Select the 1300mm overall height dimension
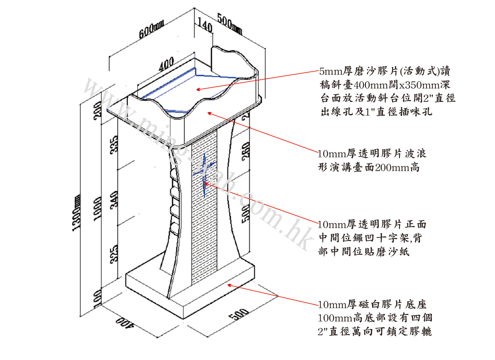tap(76, 213)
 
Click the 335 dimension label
tap(115, 144)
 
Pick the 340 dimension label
tap(115, 199)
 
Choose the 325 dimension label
tap(115, 254)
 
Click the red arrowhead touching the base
tap(229, 285)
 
